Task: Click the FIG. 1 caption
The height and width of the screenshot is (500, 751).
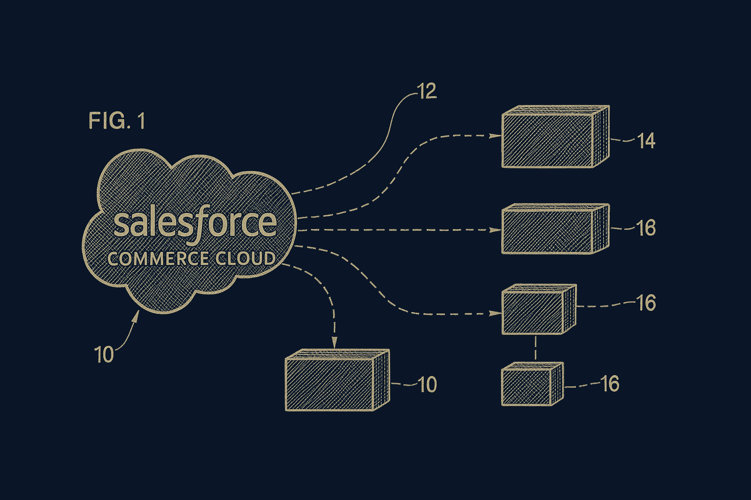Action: [117, 121]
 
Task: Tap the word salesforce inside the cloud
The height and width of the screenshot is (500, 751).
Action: [195, 224]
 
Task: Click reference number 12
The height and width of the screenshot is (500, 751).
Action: [426, 91]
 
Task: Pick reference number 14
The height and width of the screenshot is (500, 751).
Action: [646, 141]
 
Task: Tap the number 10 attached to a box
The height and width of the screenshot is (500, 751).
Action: [427, 385]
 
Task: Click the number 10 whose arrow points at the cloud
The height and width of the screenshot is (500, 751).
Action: [104, 354]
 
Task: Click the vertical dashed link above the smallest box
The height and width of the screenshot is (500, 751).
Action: [536, 348]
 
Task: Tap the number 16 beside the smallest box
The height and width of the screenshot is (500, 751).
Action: [610, 384]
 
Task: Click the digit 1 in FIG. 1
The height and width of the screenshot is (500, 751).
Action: [141, 121]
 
